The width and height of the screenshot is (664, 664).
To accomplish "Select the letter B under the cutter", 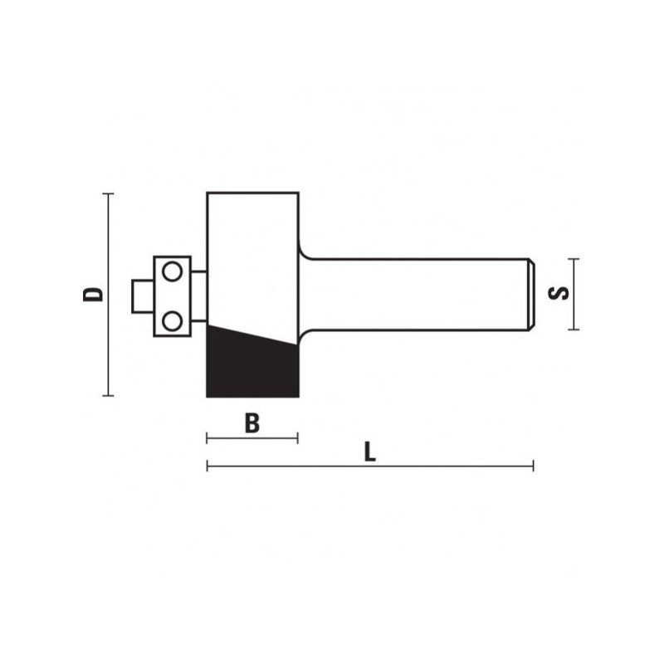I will click(x=253, y=422).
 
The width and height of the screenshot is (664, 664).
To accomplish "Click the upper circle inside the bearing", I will click(x=172, y=271).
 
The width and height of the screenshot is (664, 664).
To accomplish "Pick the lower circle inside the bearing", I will click(x=172, y=319).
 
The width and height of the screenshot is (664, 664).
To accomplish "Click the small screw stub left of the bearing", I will click(x=142, y=295).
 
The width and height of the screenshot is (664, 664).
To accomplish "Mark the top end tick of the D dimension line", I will click(x=108, y=193).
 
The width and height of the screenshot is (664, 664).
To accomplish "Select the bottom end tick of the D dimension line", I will click(x=108, y=396).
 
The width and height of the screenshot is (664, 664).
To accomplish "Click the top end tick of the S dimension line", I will click(x=573, y=259).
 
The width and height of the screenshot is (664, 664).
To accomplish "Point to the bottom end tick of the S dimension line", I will click(x=573, y=330).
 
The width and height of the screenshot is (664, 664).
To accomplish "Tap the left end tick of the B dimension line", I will click(x=207, y=438).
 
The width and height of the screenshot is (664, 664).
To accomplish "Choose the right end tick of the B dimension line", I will click(x=297, y=438).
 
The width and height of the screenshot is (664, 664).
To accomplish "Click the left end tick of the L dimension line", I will click(x=207, y=466).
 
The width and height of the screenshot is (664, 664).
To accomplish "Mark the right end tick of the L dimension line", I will click(x=533, y=466).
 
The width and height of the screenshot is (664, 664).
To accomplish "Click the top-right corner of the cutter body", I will click(x=297, y=193).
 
